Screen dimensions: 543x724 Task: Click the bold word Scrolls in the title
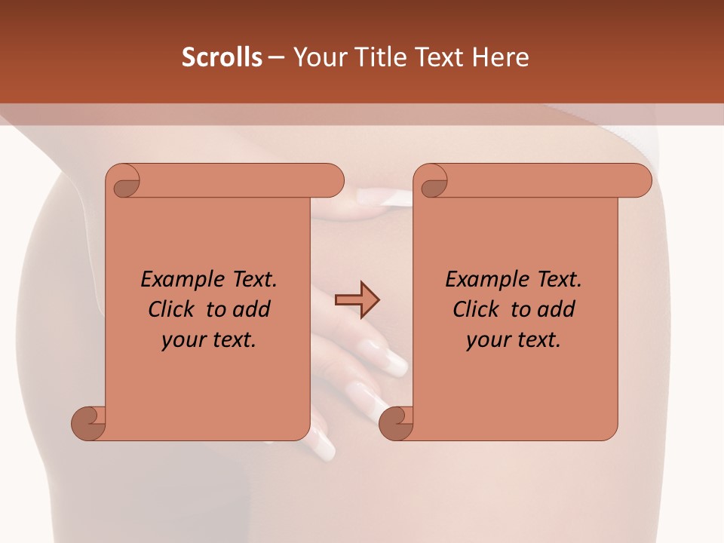tap(222, 57)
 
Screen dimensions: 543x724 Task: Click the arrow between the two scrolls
tap(357, 299)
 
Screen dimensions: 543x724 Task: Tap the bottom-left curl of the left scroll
tap(89, 423)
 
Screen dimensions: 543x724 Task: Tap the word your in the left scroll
tap(182, 341)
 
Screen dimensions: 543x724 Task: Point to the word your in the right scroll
tap(486, 341)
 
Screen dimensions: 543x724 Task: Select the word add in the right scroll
tap(554, 310)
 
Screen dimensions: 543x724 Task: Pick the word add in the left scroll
tap(250, 310)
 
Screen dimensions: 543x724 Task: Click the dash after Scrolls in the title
tap(277, 58)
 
